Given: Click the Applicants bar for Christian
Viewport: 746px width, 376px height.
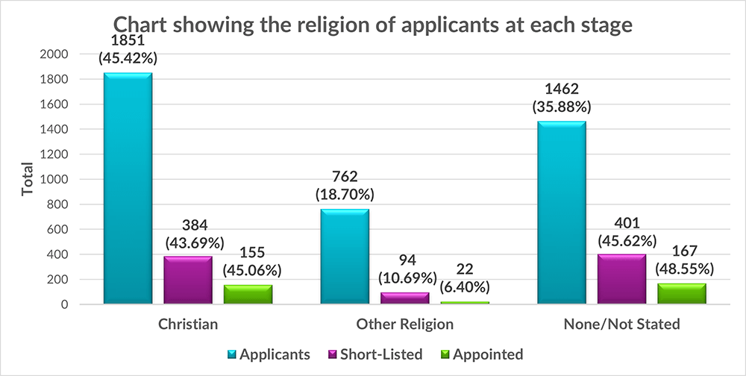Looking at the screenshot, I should click(128, 188).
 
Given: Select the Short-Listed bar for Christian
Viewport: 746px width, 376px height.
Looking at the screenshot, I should click(188, 280).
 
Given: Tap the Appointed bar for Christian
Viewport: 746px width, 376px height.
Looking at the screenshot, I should click(248, 294).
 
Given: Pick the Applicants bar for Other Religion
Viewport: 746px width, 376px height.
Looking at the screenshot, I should click(345, 256).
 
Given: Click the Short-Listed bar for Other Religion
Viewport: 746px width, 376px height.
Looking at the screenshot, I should click(404, 298).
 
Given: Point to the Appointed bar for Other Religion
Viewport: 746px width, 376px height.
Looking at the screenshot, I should click(464, 302).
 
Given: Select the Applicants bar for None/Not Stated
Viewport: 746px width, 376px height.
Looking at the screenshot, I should click(561, 213).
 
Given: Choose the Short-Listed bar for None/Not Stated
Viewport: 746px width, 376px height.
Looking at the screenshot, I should click(621, 279).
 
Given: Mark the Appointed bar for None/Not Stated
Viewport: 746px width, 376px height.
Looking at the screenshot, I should click(681, 293).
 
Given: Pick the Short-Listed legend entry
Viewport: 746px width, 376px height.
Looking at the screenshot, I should click(380, 354).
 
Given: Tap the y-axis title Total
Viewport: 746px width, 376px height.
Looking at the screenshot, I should click(28, 179).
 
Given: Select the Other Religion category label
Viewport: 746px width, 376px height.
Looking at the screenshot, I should click(404, 325).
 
